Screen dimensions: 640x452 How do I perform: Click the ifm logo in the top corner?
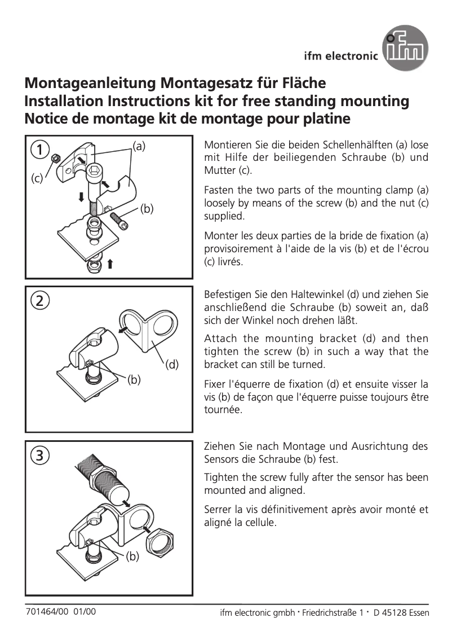(x=405, y=51)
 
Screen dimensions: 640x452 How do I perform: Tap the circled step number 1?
(x=39, y=150)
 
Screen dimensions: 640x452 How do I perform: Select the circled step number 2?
(x=39, y=300)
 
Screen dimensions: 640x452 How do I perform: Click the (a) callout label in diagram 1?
(x=139, y=146)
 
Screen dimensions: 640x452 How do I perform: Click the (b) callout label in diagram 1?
(x=147, y=209)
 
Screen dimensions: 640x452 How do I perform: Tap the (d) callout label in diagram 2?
(x=172, y=364)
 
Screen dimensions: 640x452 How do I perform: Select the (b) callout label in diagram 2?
(x=134, y=379)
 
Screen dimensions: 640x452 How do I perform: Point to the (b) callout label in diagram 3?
(x=131, y=556)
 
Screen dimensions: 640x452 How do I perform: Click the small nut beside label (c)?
(x=56, y=159)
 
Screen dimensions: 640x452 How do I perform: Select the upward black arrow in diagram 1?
(x=110, y=263)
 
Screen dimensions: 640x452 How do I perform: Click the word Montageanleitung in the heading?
(x=91, y=84)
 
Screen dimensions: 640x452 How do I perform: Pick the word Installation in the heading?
(x=64, y=102)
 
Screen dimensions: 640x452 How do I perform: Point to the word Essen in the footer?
(x=416, y=613)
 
